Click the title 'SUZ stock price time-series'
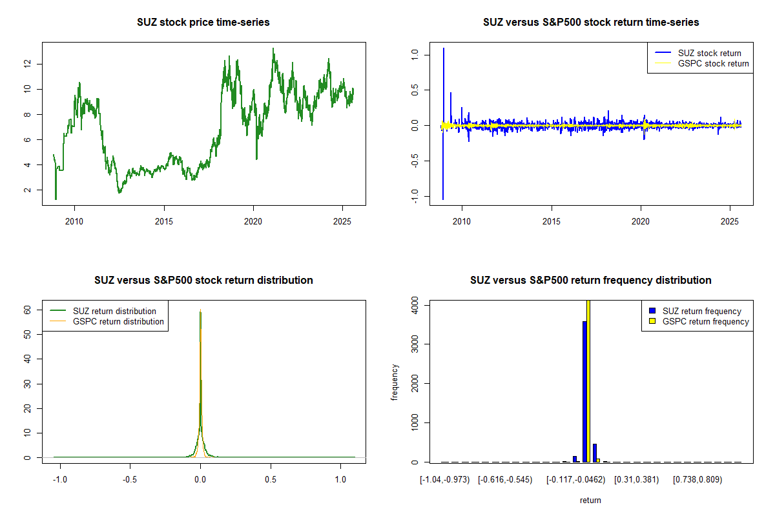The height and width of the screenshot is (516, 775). click(x=203, y=23)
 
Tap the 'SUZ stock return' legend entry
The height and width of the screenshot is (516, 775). click(x=709, y=53)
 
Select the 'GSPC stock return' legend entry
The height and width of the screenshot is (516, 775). click(x=713, y=64)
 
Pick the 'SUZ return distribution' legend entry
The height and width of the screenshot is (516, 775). click(x=114, y=311)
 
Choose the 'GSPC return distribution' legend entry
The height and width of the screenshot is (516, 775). click(x=118, y=321)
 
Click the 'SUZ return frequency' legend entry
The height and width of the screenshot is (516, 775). click(x=702, y=311)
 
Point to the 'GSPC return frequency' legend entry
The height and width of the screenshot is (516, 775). click(x=706, y=321)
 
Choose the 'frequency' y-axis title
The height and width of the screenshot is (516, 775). click(x=395, y=382)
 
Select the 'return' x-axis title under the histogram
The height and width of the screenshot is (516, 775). click(x=590, y=500)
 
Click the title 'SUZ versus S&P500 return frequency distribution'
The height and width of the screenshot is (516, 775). click(x=590, y=281)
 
